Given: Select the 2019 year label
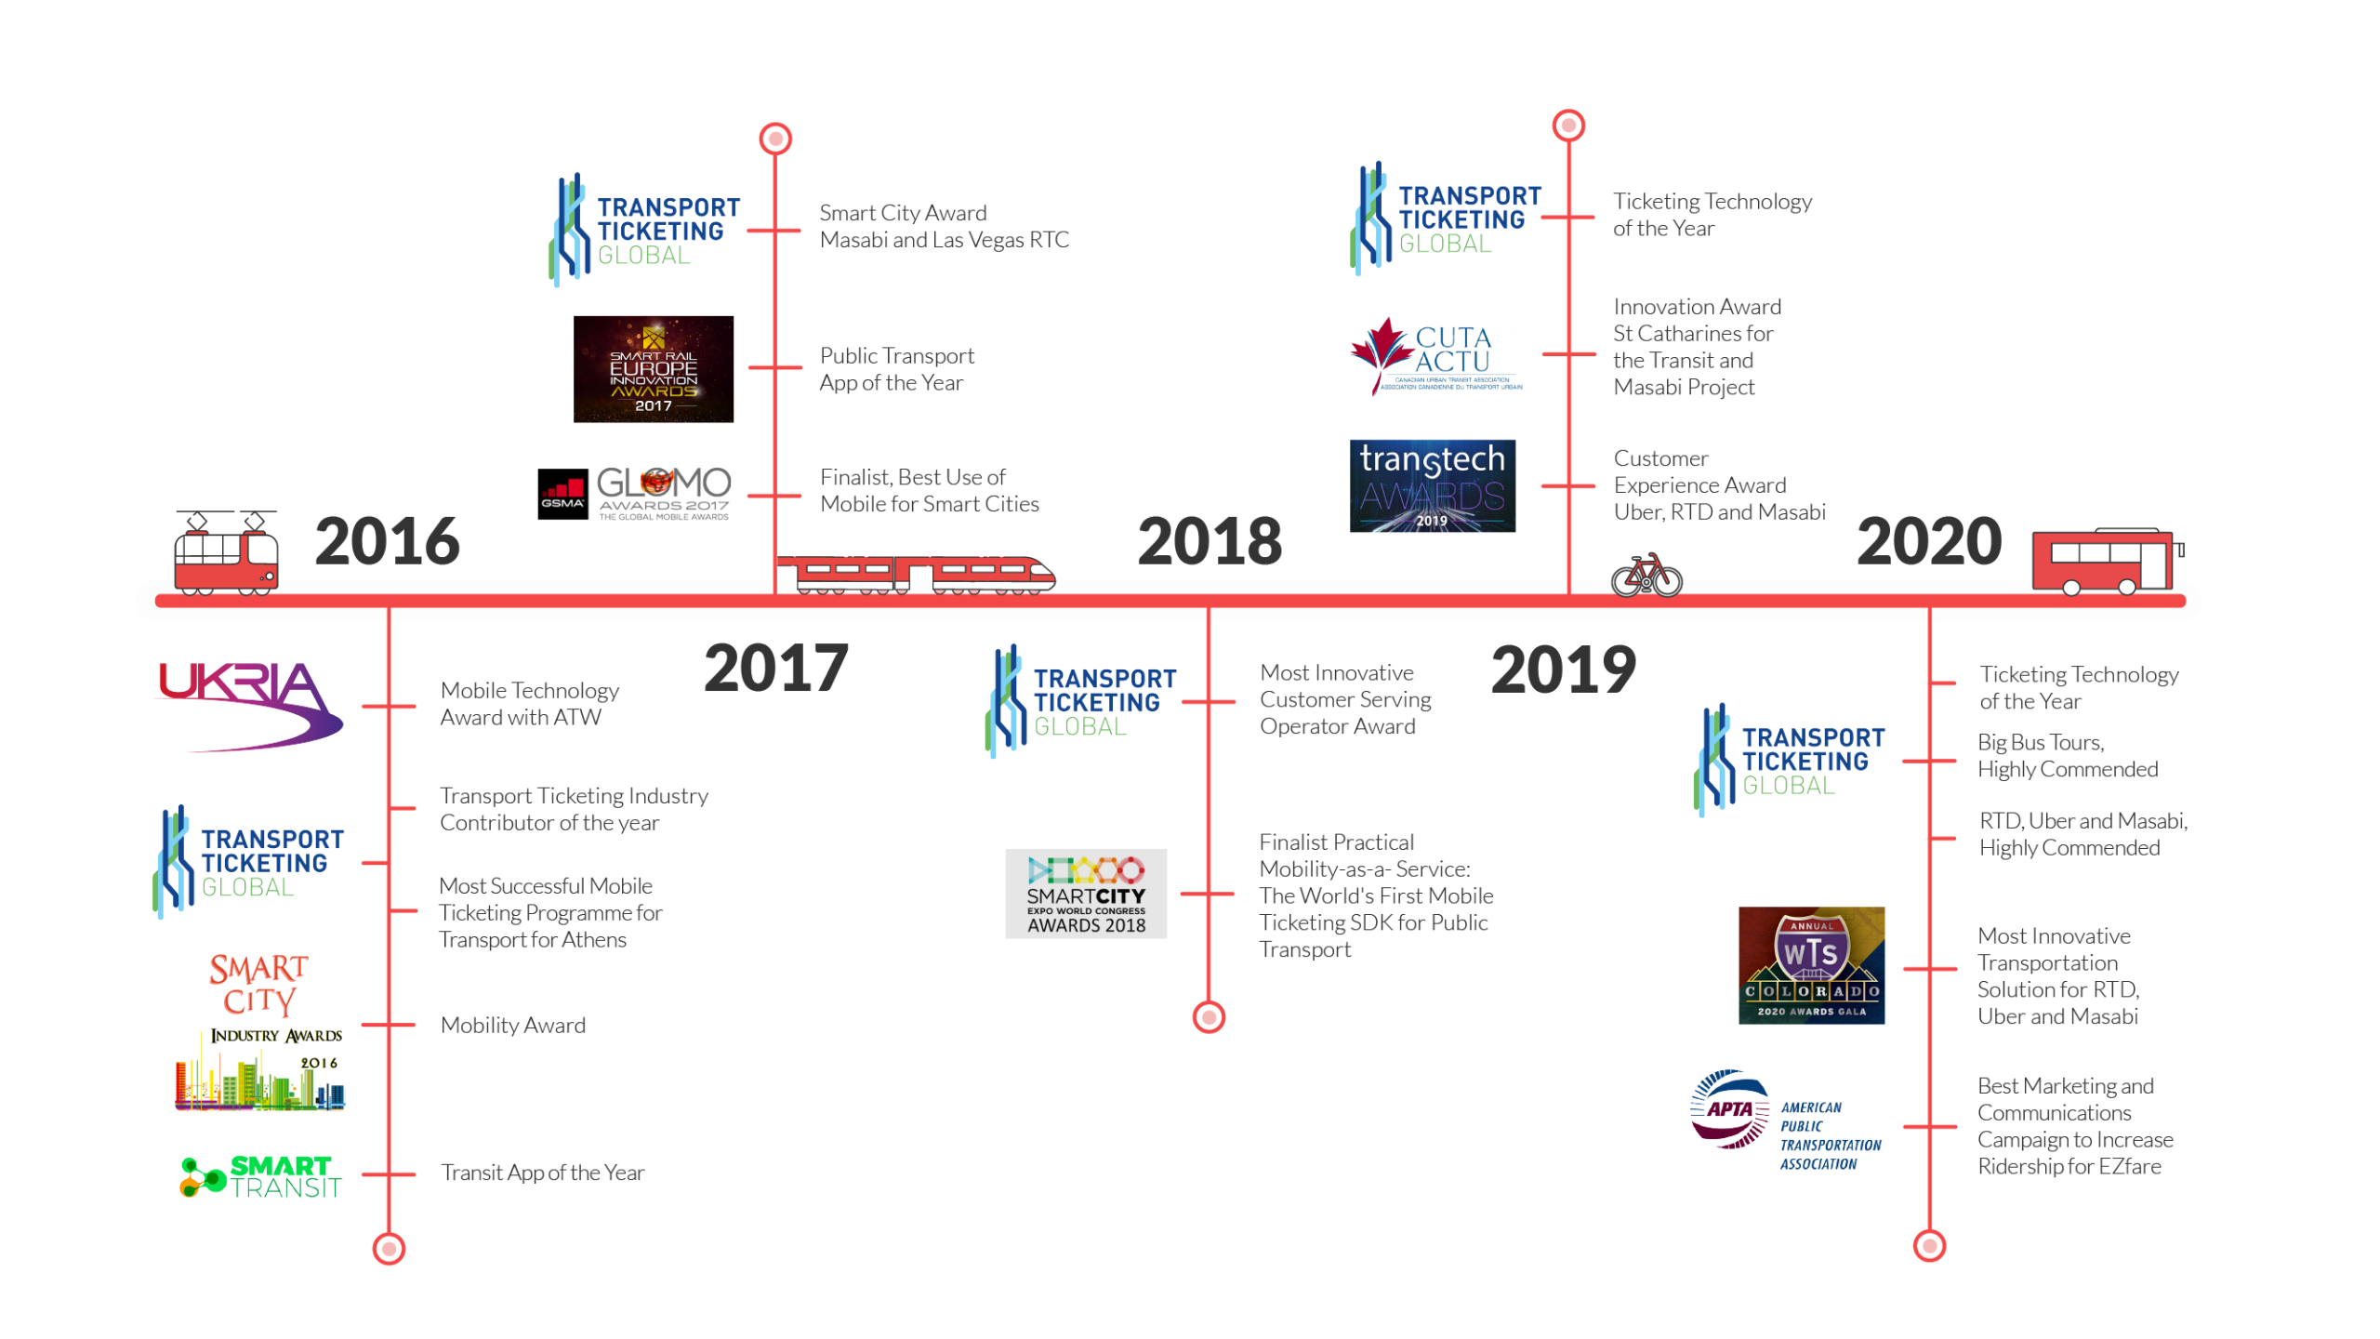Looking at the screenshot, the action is (1563, 669).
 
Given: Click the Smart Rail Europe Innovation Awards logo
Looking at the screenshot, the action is (653, 369).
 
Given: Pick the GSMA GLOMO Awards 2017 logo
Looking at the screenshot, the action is (635, 493).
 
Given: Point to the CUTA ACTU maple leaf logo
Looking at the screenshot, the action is (1436, 356).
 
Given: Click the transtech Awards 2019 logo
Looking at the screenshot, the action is (1432, 485).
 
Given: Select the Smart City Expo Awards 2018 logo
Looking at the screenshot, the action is (1086, 894).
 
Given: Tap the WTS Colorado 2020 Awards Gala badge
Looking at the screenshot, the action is (1811, 965).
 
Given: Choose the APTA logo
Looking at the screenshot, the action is (1785, 1120).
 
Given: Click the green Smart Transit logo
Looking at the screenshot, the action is (261, 1176).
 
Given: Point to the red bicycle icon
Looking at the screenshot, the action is (1646, 576).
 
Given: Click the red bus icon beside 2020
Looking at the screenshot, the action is (2107, 561).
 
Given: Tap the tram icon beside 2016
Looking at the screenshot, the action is (226, 553).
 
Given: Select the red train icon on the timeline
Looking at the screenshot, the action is (916, 576).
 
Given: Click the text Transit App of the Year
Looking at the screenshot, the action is (543, 1173).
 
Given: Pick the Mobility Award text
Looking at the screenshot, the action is (513, 1025).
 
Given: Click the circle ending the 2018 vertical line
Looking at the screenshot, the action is (1209, 1017).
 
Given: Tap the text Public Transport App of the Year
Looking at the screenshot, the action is (897, 369).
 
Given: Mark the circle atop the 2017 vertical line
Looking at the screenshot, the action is (775, 139).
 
